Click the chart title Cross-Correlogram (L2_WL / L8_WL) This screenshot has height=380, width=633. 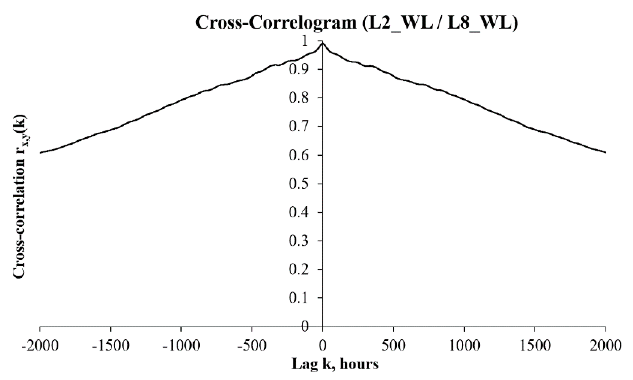(x=357, y=23)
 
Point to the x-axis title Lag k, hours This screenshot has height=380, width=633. (x=335, y=364)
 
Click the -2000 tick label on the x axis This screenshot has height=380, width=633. (x=40, y=345)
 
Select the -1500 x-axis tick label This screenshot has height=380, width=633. (x=111, y=345)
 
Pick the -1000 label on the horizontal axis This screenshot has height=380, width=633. (x=181, y=345)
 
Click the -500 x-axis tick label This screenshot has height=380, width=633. (x=252, y=345)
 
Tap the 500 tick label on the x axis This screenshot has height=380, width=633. (x=393, y=345)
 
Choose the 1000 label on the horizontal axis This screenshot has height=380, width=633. (x=464, y=345)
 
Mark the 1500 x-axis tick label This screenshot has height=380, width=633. (x=535, y=345)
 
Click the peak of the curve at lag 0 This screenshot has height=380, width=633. (x=323, y=43)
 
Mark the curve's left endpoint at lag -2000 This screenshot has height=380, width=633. (x=40, y=153)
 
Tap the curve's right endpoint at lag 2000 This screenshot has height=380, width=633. (x=606, y=152)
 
